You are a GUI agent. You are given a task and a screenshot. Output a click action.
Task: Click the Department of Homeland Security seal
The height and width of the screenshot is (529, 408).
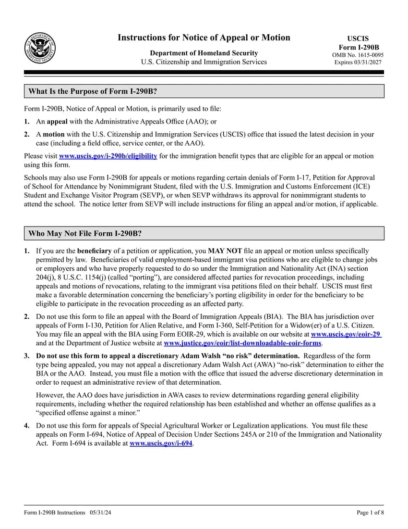(x=40, y=49)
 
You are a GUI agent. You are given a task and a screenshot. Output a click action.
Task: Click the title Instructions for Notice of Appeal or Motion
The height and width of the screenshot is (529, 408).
(x=204, y=38)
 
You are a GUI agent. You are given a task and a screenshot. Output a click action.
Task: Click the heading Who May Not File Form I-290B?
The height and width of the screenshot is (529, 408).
(x=85, y=234)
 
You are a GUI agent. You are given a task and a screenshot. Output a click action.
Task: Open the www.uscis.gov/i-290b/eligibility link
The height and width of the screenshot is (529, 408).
(x=108, y=156)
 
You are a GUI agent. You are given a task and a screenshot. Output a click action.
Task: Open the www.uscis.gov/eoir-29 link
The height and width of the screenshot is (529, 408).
(x=346, y=334)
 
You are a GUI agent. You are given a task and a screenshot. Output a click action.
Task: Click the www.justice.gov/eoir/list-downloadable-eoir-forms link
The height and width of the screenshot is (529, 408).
(x=243, y=343)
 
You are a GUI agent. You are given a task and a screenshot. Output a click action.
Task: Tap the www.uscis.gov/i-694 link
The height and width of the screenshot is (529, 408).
(x=161, y=443)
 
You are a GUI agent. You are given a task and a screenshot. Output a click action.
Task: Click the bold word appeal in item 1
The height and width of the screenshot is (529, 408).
(x=57, y=122)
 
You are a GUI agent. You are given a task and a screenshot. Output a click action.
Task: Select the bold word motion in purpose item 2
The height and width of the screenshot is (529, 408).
(x=53, y=135)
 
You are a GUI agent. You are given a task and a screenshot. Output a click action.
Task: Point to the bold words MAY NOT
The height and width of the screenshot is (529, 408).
(x=224, y=251)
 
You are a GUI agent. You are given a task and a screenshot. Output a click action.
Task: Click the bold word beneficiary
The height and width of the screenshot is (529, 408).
(x=94, y=251)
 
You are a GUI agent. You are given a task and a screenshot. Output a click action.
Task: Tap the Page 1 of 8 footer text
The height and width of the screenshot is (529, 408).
(x=370, y=513)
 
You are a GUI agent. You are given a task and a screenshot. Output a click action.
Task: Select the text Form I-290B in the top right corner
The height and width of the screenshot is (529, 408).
(x=359, y=47)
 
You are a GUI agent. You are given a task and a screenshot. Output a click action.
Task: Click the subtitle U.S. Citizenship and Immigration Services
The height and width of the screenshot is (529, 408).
(x=204, y=62)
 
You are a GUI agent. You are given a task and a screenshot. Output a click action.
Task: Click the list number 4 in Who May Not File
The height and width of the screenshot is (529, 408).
(x=27, y=426)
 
